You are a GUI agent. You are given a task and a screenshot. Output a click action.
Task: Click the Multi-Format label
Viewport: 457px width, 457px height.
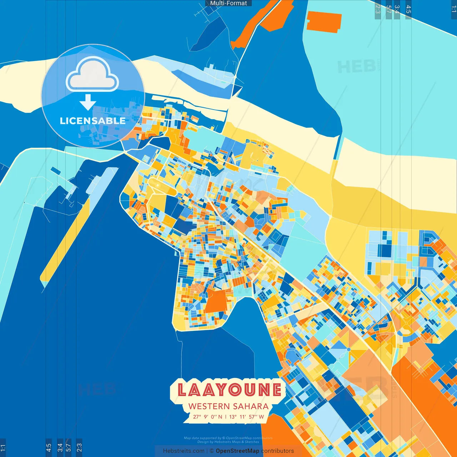tap(228, 3)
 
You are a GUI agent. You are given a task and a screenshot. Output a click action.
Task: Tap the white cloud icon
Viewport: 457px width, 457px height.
tap(92, 75)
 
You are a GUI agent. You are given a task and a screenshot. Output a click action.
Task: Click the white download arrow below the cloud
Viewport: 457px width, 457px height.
tap(88, 102)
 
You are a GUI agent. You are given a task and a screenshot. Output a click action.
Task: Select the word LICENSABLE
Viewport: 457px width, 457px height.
tap(92, 121)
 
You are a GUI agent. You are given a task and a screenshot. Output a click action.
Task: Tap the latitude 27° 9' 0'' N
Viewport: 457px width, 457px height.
tap(207, 417)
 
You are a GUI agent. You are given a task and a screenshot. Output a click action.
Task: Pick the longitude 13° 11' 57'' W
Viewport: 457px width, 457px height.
tap(246, 417)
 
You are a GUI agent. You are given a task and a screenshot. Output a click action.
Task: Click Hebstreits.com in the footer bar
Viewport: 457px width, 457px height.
tap(184, 451)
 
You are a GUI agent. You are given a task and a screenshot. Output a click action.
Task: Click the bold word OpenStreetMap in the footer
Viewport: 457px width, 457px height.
tap(237, 451)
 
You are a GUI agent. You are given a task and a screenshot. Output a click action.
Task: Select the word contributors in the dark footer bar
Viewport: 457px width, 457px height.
tap(277, 451)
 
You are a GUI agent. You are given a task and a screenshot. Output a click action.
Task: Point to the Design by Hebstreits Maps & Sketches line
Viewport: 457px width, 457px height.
tap(228, 442)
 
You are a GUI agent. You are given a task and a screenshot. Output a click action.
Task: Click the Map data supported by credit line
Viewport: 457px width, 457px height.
tap(228, 438)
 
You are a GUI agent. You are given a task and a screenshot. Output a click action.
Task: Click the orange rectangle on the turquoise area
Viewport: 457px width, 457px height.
tap(324, 22)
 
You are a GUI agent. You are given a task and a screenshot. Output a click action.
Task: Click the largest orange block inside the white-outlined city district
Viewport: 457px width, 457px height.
tap(216, 301)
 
